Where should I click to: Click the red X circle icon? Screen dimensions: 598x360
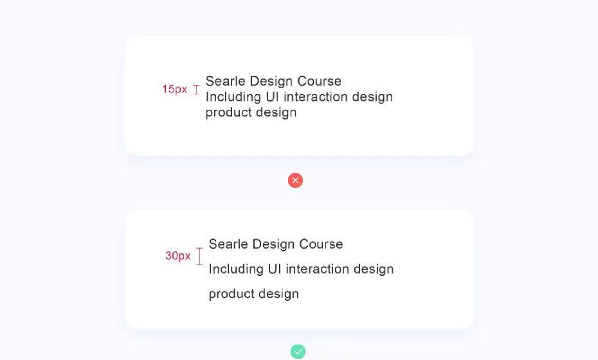point(295,181)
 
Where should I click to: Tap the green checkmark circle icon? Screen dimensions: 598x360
point(298,351)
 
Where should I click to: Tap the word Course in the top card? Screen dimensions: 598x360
point(319,81)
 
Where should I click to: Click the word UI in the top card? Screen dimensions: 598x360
point(272,96)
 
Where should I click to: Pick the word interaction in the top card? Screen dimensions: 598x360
point(316,96)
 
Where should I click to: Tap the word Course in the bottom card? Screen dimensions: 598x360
point(321,244)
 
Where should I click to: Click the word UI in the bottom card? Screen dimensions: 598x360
point(275,269)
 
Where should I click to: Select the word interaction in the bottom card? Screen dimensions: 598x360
point(317,269)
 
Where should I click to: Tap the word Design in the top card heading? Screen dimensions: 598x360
point(271,81)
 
